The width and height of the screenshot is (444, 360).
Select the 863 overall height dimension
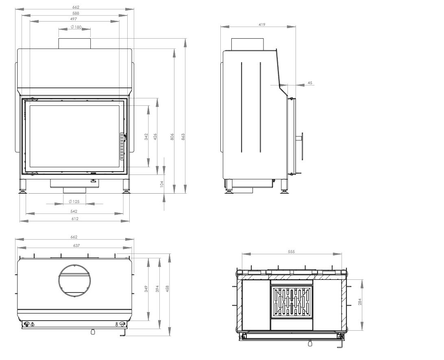click(x=183, y=137)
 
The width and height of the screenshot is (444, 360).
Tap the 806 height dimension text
click(x=172, y=137)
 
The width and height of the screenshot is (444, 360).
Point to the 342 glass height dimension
click(x=146, y=137)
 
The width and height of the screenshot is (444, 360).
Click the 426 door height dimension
click(x=155, y=137)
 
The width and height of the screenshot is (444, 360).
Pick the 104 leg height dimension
click(x=162, y=184)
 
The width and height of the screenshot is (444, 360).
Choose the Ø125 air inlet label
click(x=74, y=202)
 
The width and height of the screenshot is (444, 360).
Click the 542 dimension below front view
click(x=74, y=211)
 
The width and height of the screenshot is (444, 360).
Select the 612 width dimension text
click(x=75, y=219)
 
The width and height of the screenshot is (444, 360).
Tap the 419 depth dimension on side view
click(x=262, y=25)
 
